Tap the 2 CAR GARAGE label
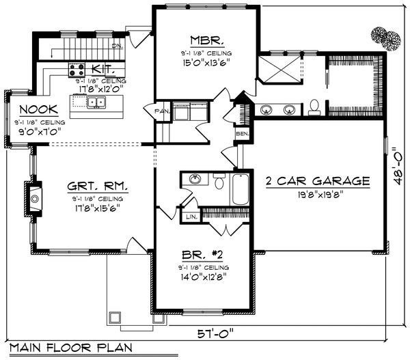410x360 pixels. (x=318, y=181)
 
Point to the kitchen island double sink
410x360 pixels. (x=96, y=103)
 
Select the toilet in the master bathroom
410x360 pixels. (x=315, y=106)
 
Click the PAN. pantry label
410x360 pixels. (x=162, y=111)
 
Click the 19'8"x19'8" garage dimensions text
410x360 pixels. (x=318, y=193)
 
